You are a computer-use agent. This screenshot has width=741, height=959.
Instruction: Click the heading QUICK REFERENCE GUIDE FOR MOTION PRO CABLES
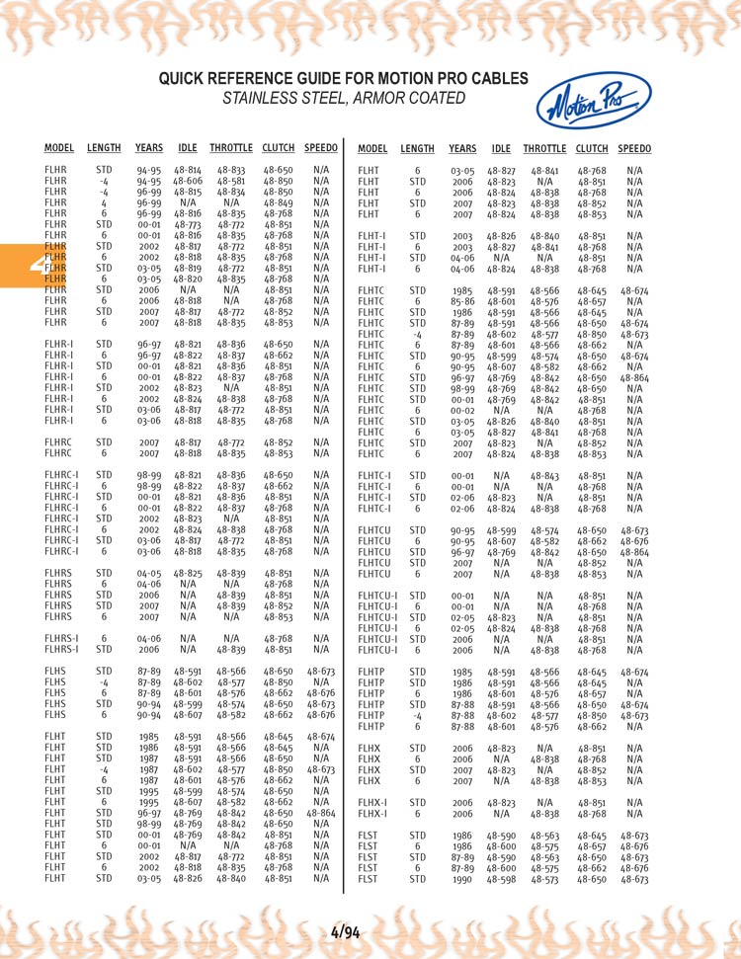[x=343, y=79]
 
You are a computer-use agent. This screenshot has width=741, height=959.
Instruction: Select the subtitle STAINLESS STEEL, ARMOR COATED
[x=343, y=98]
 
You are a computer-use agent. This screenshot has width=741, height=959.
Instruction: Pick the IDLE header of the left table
[x=188, y=148]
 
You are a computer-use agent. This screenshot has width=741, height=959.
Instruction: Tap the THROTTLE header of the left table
[x=231, y=148]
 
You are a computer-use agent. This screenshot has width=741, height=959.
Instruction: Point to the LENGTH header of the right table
[x=417, y=148]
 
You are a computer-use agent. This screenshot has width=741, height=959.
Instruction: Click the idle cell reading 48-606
[x=188, y=182]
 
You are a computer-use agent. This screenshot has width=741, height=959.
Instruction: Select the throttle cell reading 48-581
[x=231, y=182]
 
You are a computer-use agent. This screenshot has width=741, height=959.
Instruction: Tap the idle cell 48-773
[x=188, y=224]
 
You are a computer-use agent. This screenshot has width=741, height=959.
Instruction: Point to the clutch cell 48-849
[x=278, y=203]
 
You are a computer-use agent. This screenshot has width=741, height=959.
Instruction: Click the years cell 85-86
[x=461, y=301]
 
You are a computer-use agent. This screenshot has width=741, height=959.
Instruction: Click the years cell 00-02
[x=461, y=410]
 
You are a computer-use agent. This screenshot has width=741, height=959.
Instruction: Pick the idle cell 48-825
[x=188, y=573]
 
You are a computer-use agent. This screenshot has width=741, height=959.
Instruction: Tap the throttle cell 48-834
[x=231, y=193]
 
